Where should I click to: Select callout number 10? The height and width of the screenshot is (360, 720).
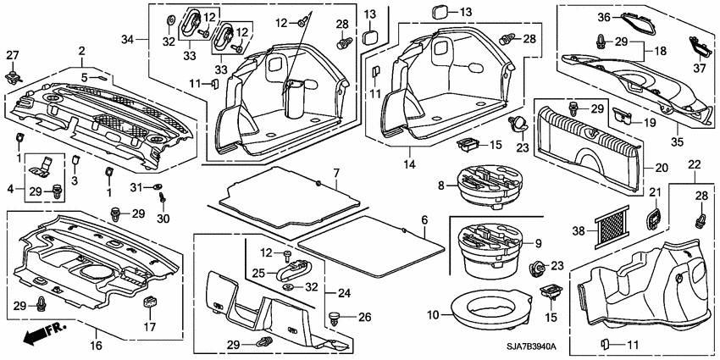[435, 314]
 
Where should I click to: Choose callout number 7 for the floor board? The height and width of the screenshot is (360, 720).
[335, 173]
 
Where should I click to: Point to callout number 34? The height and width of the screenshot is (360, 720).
[129, 40]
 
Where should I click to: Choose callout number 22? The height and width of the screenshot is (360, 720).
[695, 163]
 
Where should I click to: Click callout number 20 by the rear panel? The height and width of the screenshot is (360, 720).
[660, 168]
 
